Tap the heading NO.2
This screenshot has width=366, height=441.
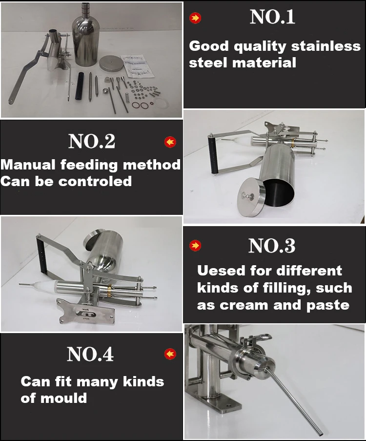pos(92,141)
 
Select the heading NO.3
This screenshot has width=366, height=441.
pos(272,246)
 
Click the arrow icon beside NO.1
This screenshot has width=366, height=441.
pos(196,19)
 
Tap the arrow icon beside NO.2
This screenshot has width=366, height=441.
pos(170,142)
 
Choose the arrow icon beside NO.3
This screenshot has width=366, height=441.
pos(196,245)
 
